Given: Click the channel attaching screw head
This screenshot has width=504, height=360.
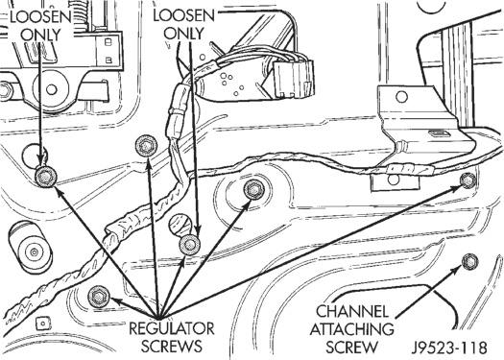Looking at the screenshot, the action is [470, 261].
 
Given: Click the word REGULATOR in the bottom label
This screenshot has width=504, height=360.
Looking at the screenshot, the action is [172, 328].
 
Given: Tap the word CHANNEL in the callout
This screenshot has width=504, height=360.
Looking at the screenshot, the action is [352, 311].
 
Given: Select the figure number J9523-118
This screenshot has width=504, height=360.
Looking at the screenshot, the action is [449, 348].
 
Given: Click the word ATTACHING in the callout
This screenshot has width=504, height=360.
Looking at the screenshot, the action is [351, 329].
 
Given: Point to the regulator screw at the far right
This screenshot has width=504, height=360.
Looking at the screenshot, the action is [468, 180].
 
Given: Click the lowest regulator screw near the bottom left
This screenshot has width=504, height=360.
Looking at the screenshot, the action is [99, 296].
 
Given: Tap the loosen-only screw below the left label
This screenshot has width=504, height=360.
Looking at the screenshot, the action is [46, 177].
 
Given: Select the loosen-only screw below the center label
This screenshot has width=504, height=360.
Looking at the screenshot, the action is [190, 244].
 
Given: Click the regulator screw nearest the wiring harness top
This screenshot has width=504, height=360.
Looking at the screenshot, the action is [146, 146].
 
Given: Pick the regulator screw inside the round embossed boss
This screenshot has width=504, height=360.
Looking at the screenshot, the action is [254, 190].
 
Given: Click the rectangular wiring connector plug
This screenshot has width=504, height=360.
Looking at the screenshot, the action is [294, 79].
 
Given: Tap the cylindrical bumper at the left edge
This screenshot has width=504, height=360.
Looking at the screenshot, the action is [30, 247].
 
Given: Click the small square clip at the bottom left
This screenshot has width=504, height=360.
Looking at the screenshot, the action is [42, 324].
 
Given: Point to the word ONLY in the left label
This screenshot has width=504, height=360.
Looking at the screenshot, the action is [41, 35].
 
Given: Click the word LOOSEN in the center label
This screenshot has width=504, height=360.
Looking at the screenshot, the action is [184, 15].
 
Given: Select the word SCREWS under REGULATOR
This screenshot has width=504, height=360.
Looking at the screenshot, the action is [172, 347].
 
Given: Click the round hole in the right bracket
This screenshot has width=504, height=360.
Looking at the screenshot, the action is [401, 96].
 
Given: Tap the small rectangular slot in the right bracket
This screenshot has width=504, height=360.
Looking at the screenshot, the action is [439, 133].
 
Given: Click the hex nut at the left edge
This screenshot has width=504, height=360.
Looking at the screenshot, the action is [5, 90].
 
